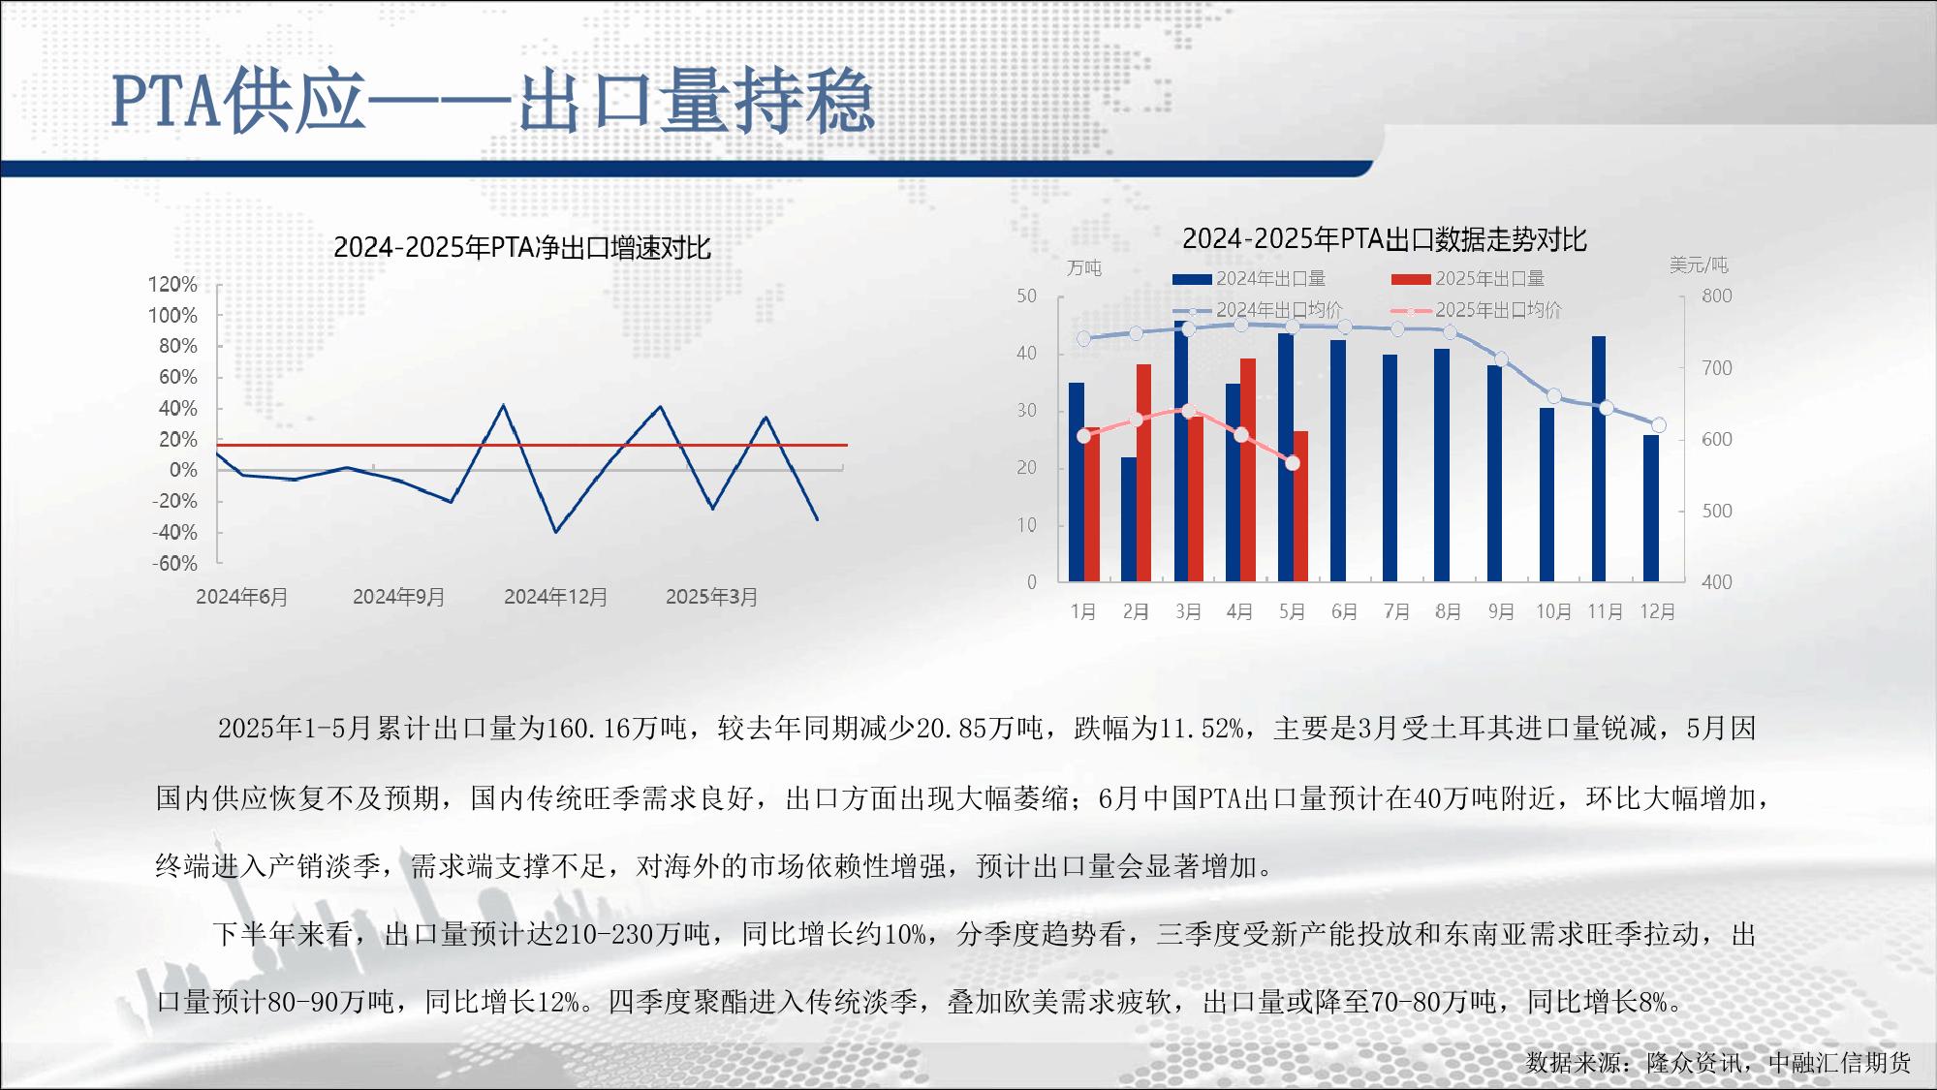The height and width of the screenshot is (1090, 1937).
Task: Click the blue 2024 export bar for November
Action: [x=1599, y=458]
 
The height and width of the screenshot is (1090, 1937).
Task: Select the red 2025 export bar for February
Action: [x=1143, y=473]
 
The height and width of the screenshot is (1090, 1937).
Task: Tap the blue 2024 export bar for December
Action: [x=1651, y=508]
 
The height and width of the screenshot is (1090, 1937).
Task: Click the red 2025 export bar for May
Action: [x=1300, y=506]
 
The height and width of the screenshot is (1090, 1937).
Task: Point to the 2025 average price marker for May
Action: [x=1293, y=463]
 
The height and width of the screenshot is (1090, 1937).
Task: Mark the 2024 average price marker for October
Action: [x=1554, y=396]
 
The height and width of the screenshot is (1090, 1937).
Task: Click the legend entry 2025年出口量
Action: [x=1468, y=279]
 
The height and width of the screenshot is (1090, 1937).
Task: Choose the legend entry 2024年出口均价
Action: [x=1258, y=310]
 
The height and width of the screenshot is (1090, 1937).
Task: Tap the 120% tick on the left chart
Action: [x=172, y=285]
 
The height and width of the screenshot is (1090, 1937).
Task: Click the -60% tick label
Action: [x=174, y=564]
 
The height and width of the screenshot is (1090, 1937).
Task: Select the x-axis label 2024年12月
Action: [x=555, y=597]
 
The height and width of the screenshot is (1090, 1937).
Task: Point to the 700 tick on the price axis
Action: [x=1717, y=368]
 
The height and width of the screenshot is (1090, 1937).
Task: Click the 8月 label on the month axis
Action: [x=1449, y=612]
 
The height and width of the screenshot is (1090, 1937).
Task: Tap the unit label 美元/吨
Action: [x=1699, y=265]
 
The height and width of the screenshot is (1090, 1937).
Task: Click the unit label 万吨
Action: [x=1084, y=268]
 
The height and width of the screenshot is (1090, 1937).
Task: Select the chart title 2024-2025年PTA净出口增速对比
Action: [x=522, y=248]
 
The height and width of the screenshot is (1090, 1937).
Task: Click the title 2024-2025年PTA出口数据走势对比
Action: [x=1385, y=239]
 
